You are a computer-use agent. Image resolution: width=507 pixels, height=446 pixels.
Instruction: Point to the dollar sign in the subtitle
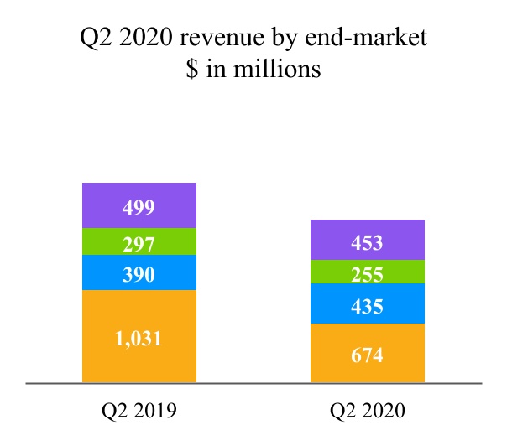pyautogui.click(x=193, y=69)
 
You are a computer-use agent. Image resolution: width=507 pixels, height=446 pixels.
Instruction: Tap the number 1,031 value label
pyautogui.click(x=139, y=339)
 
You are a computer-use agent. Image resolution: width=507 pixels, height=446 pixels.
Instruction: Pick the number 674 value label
pyautogui.click(x=368, y=355)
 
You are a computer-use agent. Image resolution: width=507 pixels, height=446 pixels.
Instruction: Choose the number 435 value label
pyautogui.click(x=368, y=307)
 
